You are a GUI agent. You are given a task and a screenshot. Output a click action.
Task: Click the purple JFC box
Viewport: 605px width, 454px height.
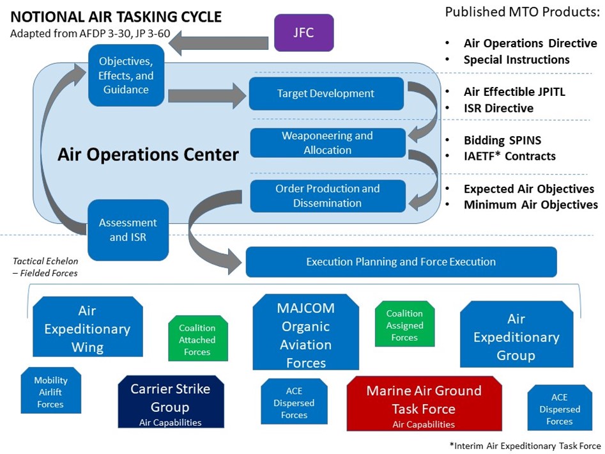303,33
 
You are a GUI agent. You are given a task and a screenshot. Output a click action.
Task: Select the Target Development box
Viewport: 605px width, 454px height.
326,93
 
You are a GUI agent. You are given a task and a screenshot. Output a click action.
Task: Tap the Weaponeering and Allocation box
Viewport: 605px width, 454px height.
327,143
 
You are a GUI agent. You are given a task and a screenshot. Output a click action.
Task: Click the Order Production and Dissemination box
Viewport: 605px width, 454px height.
327,196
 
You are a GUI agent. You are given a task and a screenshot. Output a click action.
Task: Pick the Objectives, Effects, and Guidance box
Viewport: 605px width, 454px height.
126,75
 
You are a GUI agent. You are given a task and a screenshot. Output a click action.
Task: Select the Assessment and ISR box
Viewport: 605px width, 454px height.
127,230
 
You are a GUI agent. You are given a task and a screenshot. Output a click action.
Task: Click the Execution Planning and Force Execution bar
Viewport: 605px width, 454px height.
401,262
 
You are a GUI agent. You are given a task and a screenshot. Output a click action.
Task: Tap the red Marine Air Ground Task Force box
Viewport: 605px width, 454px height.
424,403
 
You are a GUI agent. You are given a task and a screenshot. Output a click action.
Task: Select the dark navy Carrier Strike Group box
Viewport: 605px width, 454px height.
171,402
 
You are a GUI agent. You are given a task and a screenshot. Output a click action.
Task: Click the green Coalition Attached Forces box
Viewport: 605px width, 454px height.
197,340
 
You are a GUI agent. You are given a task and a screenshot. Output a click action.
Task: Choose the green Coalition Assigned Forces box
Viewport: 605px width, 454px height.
404,325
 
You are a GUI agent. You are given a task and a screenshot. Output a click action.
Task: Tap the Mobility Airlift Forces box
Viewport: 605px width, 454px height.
50,391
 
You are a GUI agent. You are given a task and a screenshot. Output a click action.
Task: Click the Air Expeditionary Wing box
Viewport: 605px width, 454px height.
87,329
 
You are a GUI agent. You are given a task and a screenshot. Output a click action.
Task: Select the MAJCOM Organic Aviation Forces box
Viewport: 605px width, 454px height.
305,334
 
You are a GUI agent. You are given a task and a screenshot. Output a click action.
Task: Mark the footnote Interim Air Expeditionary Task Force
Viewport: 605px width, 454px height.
525,446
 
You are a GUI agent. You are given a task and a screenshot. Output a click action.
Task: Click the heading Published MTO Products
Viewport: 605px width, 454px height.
521,13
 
